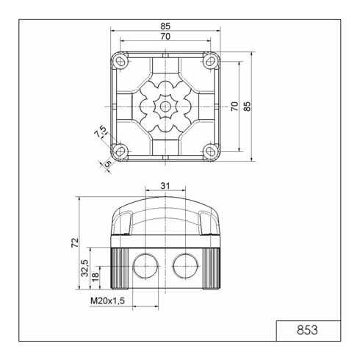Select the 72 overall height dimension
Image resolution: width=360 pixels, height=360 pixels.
[x=73, y=242]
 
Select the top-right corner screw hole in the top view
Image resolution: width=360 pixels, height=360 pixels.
[x=211, y=60]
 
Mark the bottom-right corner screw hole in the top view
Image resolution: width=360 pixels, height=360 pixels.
[x=211, y=151]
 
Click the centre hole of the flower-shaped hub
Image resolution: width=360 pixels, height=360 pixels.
[x=165, y=106]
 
